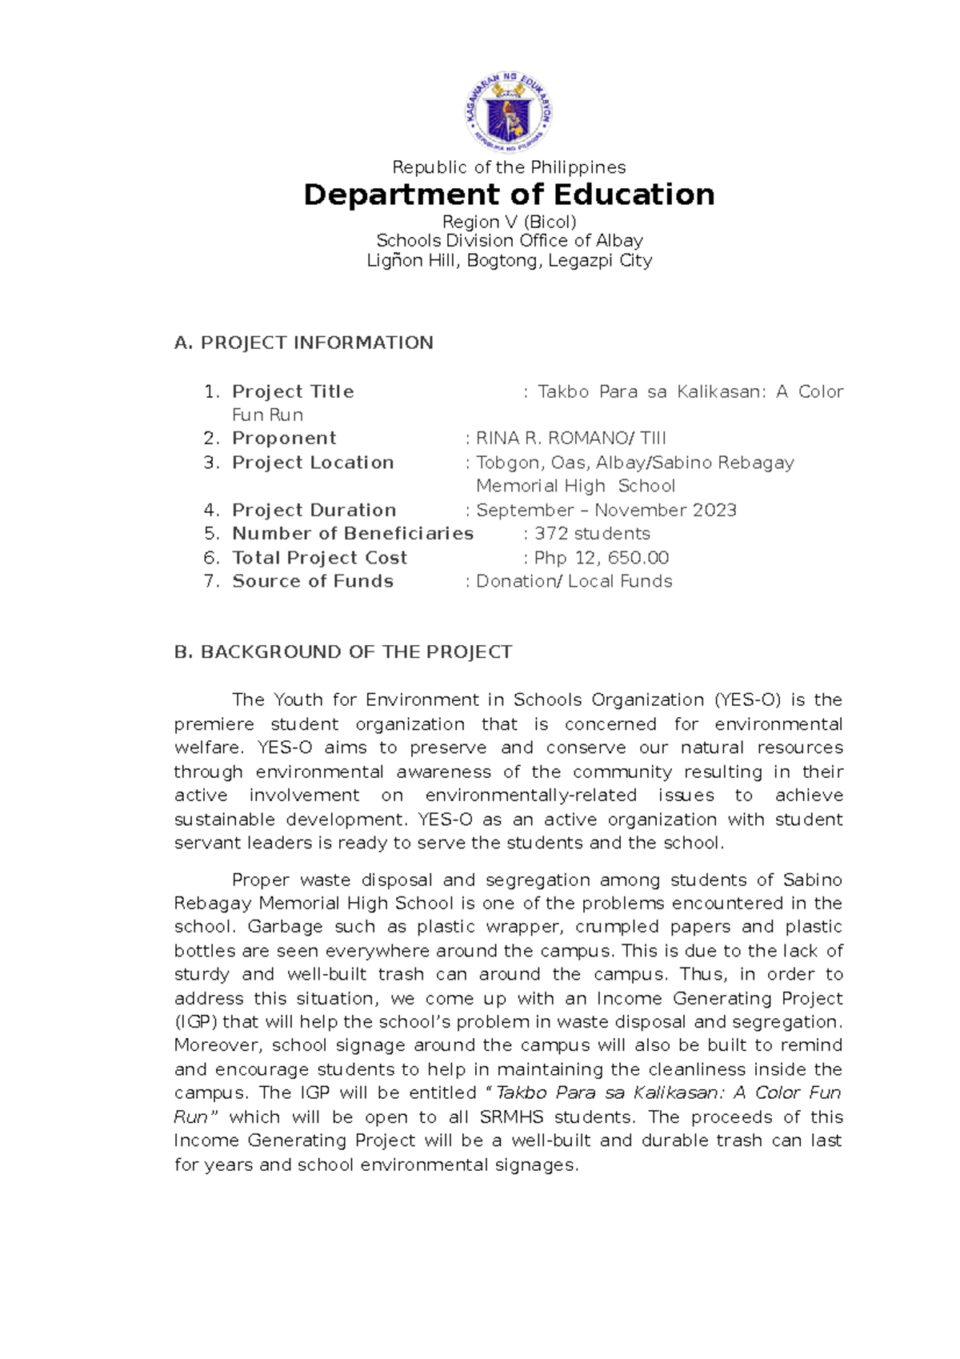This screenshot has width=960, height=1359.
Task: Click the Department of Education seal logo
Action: click(x=509, y=113)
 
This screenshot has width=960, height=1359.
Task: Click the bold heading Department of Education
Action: click(x=509, y=194)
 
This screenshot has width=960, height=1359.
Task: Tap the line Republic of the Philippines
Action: click(x=509, y=167)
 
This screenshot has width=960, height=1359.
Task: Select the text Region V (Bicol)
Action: click(x=509, y=222)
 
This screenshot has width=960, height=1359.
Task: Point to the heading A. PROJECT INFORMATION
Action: click(x=303, y=343)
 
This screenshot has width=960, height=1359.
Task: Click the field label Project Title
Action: click(x=293, y=391)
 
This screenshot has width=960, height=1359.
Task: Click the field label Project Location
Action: click(x=313, y=463)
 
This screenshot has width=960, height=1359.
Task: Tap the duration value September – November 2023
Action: click(x=606, y=510)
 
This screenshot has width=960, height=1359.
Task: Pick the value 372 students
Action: click(x=592, y=534)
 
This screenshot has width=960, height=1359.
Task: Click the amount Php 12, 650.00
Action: click(x=601, y=558)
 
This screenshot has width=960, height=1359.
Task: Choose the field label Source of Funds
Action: click(x=313, y=581)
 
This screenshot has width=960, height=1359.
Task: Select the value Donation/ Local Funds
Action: click(x=574, y=581)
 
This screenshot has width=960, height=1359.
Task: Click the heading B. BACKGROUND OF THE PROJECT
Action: click(x=342, y=652)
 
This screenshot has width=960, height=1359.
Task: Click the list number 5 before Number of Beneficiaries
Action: click(x=211, y=534)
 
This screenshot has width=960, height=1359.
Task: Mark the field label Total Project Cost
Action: click(x=319, y=558)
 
